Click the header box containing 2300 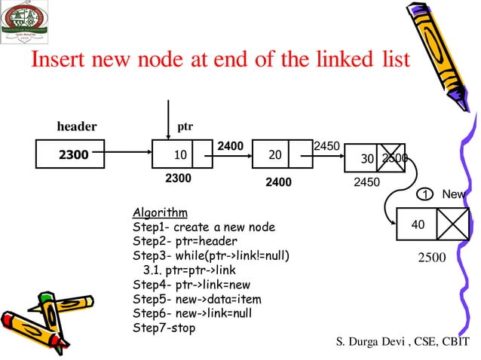click(74, 154)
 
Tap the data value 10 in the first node click(180, 154)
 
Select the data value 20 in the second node click(275, 154)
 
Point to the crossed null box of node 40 click(453, 224)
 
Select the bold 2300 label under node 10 click(178, 178)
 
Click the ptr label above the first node click(185, 126)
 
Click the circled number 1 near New click(425, 194)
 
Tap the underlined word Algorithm click(160, 212)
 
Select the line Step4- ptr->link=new click(191, 285)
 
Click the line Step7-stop click(164, 328)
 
